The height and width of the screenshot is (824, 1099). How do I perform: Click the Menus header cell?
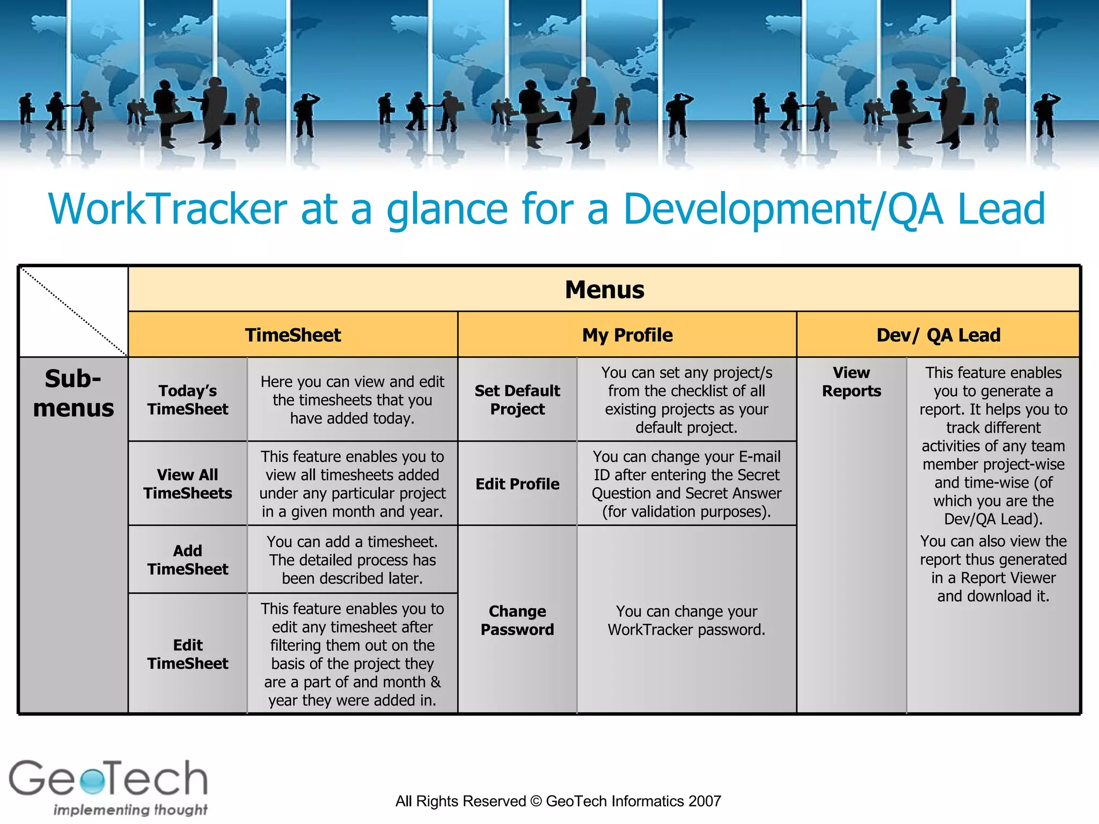point(604,290)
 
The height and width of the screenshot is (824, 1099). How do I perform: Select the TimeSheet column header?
point(293,335)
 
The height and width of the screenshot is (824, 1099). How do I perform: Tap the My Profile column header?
point(627,335)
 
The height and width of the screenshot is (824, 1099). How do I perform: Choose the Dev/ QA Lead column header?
point(938,335)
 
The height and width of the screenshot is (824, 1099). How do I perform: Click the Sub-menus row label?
point(74,393)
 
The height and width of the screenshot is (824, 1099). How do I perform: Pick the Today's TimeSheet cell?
point(188,400)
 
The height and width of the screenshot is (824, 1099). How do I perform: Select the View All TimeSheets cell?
point(188,484)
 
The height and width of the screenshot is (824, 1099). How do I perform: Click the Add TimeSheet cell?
point(188,560)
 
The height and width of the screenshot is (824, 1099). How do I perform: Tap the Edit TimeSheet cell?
point(188,654)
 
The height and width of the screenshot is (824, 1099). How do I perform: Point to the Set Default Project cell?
point(517,400)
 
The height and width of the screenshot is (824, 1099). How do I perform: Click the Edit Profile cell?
point(517,484)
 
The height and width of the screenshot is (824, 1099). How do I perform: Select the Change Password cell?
point(517,620)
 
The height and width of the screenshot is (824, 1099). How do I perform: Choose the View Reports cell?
point(852,382)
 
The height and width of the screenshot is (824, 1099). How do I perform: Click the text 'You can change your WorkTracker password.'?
point(686,620)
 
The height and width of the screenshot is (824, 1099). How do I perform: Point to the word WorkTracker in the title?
point(167,209)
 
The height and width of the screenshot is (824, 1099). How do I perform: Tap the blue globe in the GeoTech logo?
point(93,781)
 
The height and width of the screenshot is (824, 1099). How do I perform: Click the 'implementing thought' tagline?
point(130,810)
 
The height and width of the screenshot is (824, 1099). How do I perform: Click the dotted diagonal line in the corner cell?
point(74,312)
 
